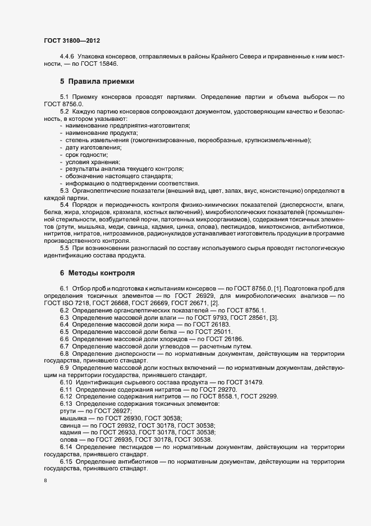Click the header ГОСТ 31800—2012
pos(72,41)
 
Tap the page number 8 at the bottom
pos(45,481)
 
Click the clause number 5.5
pos(65,248)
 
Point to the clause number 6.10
pos(67,382)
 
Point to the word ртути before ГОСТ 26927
pos(68,411)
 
